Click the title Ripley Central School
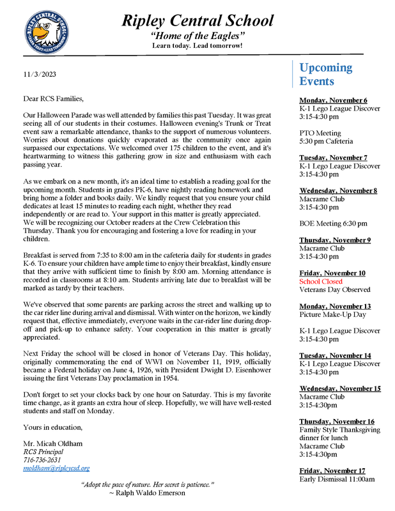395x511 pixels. [x=197, y=21]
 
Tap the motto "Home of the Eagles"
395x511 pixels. [x=197, y=36]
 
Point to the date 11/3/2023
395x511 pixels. [x=40, y=74]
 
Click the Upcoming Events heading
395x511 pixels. [x=325, y=74]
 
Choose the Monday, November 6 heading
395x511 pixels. [x=333, y=100]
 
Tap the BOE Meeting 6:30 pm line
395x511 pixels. [x=333, y=224]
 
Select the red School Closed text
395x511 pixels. [x=321, y=281]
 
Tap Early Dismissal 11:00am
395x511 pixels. [x=337, y=479]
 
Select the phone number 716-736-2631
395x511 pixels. [x=43, y=459]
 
